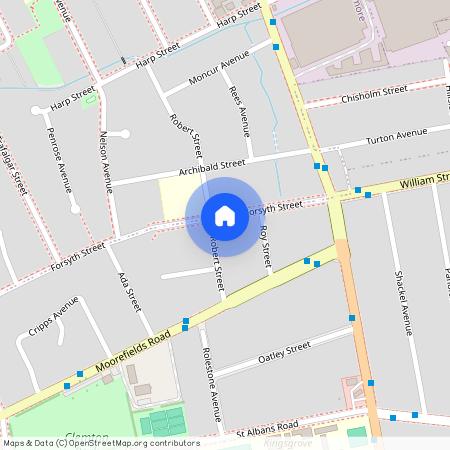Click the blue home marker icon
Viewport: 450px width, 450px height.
pos(225,216)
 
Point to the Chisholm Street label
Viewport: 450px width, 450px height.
pos(374,93)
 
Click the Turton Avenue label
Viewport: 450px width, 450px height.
pos(396,136)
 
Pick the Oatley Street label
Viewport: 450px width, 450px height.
pos(285,350)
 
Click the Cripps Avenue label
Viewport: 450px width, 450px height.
pos(53,315)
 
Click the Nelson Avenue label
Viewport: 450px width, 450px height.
pos(106,160)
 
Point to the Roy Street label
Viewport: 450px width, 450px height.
pos(265,246)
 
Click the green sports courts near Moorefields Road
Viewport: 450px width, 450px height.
pos(162,422)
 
